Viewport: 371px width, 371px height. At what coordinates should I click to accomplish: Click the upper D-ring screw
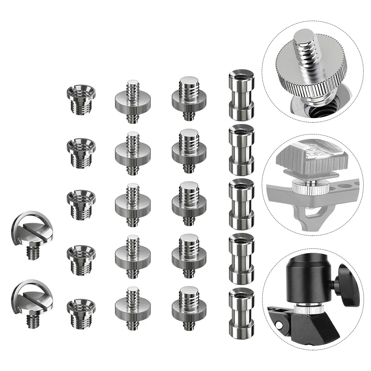pyautogui.click(x=32, y=233)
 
